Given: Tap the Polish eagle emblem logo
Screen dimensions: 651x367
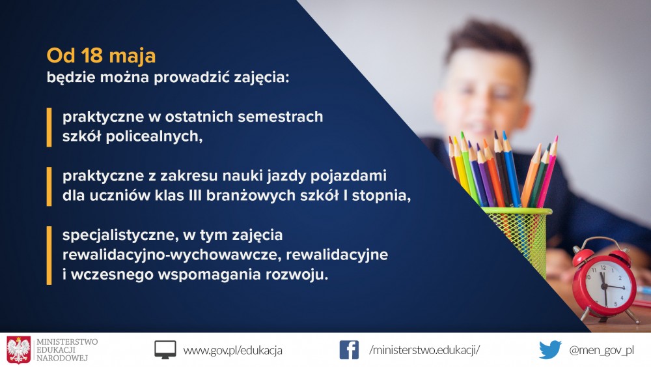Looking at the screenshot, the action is (19, 350).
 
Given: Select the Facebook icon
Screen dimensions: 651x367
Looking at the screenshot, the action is (349, 349).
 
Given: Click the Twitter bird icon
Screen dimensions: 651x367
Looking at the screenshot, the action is (550, 349).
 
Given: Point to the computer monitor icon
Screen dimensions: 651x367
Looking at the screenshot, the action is (165, 350).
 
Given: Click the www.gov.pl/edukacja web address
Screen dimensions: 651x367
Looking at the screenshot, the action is (233, 350).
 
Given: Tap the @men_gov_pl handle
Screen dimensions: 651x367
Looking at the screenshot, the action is (602, 350).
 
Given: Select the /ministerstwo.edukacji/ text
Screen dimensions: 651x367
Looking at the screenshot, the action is (424, 350).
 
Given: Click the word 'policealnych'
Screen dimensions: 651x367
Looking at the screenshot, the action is (154, 136).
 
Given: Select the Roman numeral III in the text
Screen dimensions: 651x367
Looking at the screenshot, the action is (195, 196).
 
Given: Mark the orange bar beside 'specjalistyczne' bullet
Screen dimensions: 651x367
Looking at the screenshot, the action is (49, 255).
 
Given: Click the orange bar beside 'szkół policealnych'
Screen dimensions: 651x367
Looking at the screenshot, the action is (49, 127).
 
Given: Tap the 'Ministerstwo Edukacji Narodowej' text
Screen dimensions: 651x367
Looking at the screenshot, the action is (67, 350).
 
